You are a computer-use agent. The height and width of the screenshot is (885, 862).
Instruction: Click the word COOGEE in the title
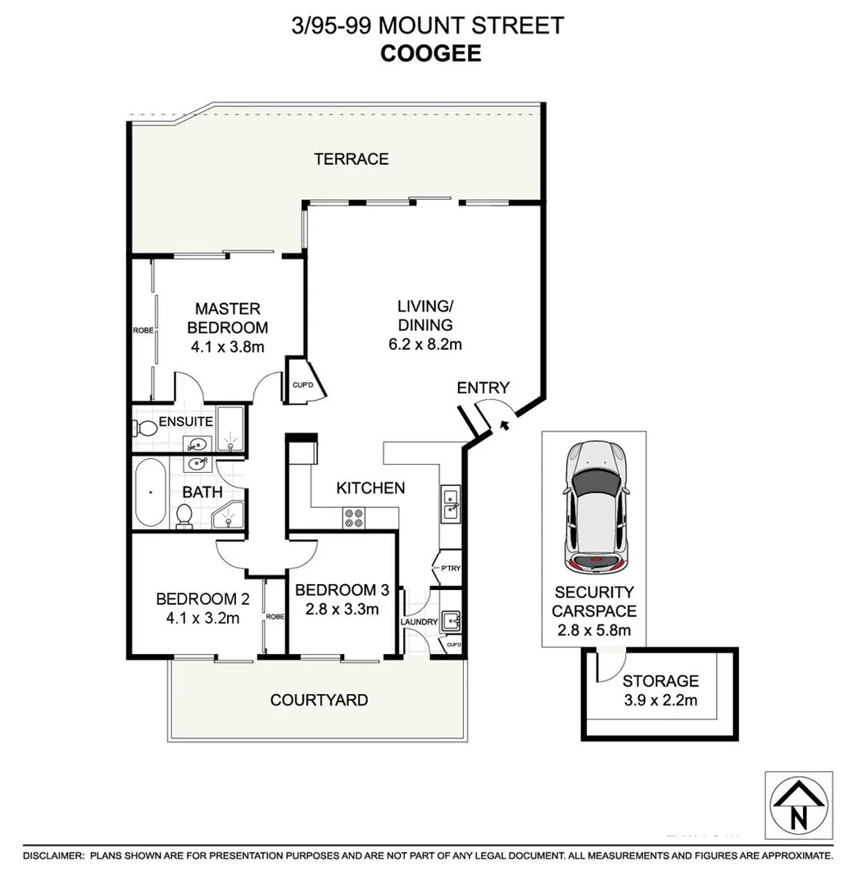click(x=430, y=53)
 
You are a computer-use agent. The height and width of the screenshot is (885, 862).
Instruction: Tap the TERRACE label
click(x=352, y=159)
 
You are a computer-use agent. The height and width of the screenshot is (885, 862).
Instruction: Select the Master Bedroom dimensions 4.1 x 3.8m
click(x=227, y=347)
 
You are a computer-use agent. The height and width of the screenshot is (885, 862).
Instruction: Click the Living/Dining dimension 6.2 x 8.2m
click(x=425, y=344)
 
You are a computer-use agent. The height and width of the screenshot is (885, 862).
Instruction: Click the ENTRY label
click(x=483, y=388)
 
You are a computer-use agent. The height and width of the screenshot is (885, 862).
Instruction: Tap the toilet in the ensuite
click(x=146, y=428)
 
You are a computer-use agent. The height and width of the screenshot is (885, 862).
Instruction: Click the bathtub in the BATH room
click(x=151, y=492)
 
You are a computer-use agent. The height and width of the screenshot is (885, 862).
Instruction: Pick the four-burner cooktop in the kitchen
click(x=354, y=518)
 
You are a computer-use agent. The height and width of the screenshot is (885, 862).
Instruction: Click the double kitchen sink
click(x=450, y=503)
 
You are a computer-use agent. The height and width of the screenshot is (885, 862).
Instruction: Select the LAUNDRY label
click(x=418, y=622)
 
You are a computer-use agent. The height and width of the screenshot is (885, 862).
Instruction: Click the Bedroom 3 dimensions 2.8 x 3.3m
click(x=337, y=609)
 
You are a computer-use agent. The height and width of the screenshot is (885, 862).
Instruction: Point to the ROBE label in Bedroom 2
click(x=274, y=615)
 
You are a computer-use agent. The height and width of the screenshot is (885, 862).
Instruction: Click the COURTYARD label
click(x=319, y=701)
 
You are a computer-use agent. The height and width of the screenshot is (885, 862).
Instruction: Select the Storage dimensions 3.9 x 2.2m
click(x=660, y=700)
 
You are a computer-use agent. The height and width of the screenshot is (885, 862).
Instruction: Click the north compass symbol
click(x=797, y=805)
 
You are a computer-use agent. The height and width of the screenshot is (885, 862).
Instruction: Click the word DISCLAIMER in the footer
click(x=53, y=855)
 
